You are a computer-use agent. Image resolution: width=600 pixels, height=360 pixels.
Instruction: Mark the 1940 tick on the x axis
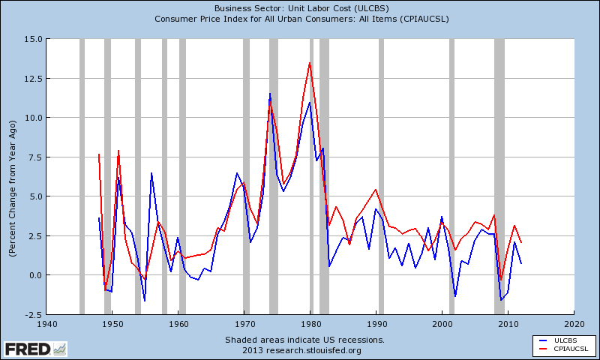tap(46, 324)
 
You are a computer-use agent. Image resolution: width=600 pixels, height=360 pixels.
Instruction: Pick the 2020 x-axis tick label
tap(574, 324)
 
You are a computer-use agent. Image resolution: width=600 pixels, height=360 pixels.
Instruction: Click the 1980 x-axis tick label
tap(310, 324)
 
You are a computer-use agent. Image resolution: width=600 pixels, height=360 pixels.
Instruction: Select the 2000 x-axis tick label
tap(442, 324)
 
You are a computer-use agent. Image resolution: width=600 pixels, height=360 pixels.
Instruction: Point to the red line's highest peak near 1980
tap(310, 63)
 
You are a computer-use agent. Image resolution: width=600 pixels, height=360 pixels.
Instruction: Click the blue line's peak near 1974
tap(270, 94)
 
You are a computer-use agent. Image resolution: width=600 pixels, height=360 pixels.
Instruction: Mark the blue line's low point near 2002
tap(455, 296)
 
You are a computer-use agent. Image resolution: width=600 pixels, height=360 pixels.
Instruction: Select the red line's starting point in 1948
tap(99, 154)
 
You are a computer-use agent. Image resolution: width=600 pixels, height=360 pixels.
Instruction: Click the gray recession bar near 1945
tap(82, 176)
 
